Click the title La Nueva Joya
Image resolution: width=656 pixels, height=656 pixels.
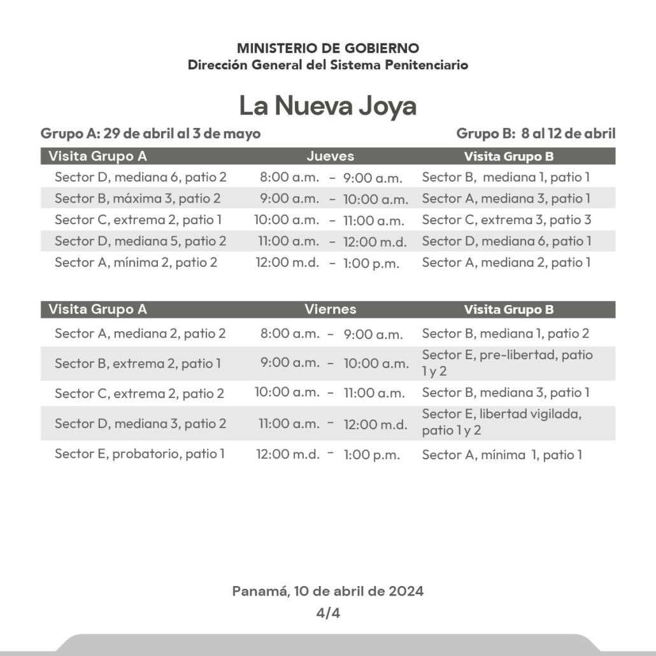click(x=327, y=106)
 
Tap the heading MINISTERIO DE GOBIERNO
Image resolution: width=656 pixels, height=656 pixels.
click(x=327, y=48)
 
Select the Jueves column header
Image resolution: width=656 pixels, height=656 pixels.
click(x=330, y=156)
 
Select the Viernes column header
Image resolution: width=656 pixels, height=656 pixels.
click(x=330, y=310)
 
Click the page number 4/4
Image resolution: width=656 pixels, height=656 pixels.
click(x=328, y=614)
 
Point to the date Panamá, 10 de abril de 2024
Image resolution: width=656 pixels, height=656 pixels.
click(x=327, y=591)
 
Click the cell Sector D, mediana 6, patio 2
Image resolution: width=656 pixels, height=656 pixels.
click(x=140, y=177)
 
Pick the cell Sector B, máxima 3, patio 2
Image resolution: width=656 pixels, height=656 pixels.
click(x=138, y=198)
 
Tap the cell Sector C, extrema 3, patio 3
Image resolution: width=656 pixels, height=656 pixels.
click(x=506, y=220)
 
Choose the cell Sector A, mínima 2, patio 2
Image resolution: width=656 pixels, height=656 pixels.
click(x=136, y=262)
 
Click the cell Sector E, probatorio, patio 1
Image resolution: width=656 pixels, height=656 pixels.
click(x=139, y=454)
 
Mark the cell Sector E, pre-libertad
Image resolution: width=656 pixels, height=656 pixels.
click(x=508, y=362)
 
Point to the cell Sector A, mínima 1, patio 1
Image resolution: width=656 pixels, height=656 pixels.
click(x=502, y=455)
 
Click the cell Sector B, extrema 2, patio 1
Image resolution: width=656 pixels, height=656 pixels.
click(x=138, y=364)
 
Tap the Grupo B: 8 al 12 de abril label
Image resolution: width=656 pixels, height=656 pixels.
click(x=536, y=134)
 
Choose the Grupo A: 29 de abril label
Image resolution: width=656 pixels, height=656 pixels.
click(x=150, y=134)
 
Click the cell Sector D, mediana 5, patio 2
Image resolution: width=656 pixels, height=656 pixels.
click(x=140, y=241)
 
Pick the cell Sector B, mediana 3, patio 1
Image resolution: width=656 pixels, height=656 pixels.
click(x=506, y=392)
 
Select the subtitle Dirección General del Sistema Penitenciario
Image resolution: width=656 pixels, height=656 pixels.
click(x=327, y=65)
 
